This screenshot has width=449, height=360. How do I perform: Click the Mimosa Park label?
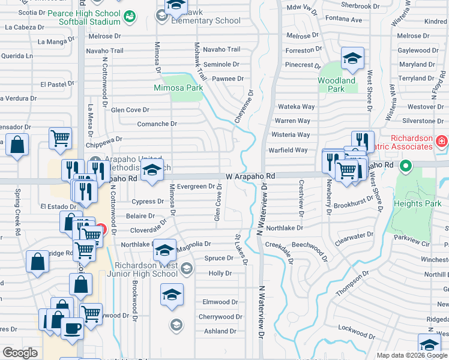(x=178, y=88)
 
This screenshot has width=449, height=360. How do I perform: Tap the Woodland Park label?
(x=336, y=85)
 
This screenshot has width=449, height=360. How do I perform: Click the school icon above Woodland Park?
(x=352, y=58)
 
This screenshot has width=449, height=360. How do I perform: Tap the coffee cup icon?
(x=73, y=328)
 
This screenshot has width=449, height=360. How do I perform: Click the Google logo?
(x=20, y=353)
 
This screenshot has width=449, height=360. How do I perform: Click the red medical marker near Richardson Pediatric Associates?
(x=442, y=142)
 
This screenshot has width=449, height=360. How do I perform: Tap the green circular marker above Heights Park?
(x=406, y=165)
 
